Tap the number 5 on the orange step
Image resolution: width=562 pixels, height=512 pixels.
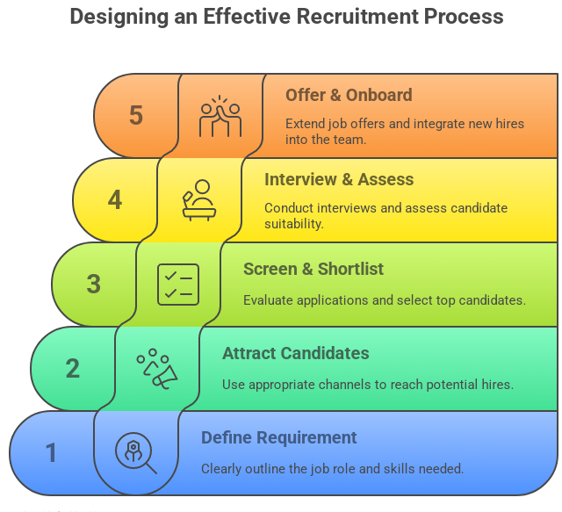(135, 116)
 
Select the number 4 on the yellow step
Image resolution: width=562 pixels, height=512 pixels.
(115, 200)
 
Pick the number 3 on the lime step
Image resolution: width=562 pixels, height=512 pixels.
(94, 285)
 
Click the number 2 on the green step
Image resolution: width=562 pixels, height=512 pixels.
(73, 368)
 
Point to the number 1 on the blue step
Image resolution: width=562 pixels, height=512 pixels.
(52, 453)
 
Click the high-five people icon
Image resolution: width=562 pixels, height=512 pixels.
(220, 117)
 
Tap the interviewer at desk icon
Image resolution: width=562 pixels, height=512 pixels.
(199, 200)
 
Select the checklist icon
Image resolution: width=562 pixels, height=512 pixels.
(178, 285)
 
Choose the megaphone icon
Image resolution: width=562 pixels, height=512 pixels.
(158, 369)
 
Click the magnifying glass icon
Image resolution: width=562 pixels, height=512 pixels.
(136, 453)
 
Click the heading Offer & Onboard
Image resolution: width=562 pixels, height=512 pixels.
(349, 95)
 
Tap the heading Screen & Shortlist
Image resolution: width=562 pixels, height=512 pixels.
(313, 269)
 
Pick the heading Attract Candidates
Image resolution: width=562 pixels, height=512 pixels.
(295, 353)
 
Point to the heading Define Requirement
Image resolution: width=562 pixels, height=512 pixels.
(279, 437)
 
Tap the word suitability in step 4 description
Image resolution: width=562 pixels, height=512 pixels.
(294, 224)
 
